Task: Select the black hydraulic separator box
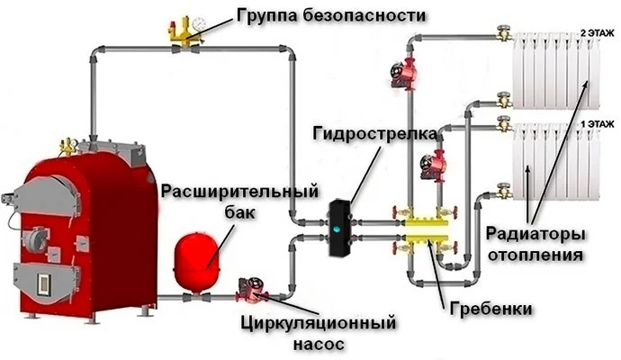[341, 220]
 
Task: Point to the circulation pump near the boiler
[248, 291]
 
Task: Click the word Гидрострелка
[374, 133]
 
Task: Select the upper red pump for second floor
[400, 72]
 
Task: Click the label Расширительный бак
[239, 202]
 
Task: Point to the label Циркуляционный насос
[318, 331]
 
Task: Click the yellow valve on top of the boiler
[67, 144]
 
